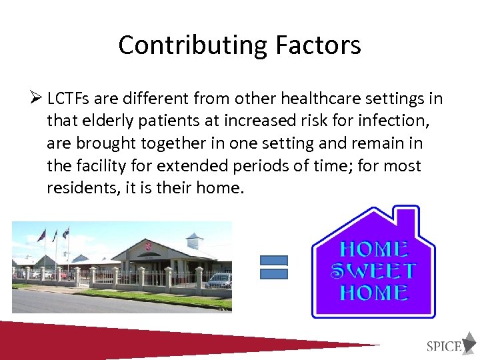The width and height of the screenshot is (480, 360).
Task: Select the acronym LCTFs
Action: point(69,99)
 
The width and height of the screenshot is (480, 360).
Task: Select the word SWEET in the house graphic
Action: point(374,271)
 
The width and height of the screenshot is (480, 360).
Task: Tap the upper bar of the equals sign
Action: point(273,261)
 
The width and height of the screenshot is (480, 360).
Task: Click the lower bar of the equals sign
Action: point(273,273)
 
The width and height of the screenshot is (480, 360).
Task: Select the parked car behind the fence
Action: point(218,281)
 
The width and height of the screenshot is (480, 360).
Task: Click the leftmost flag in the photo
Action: point(42,235)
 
